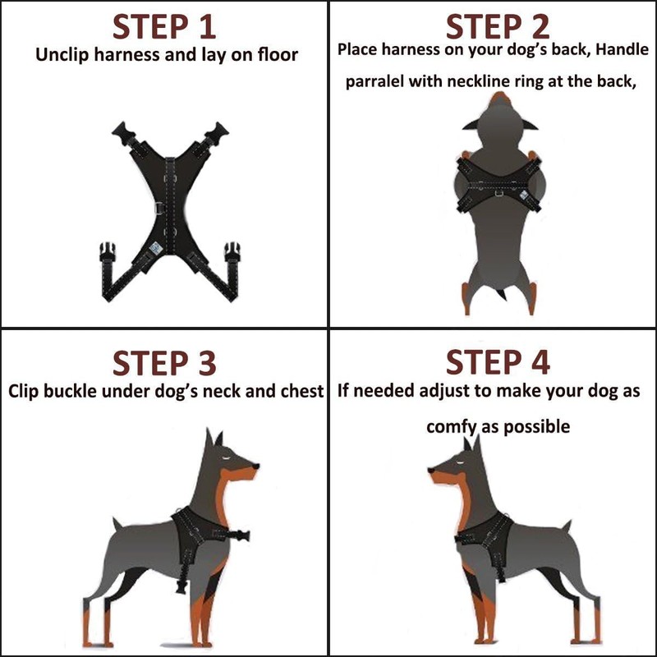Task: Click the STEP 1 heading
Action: [x=163, y=26]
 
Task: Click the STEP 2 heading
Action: [x=498, y=26]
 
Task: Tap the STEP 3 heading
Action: [x=163, y=362]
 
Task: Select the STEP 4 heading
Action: [x=498, y=362]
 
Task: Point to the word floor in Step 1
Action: [x=275, y=57]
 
